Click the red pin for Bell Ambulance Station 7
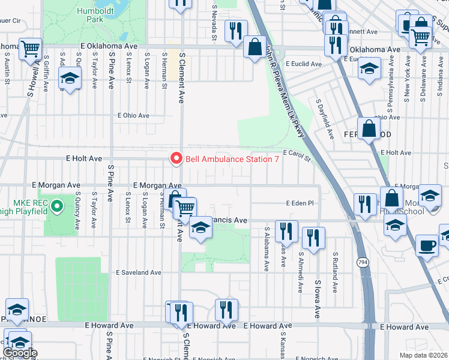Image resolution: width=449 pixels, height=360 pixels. tap(176, 158)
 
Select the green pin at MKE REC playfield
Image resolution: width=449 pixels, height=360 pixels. tap(57, 207)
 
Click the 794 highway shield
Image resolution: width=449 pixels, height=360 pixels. tap(363, 262)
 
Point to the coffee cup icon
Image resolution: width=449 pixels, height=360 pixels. tap(427, 245)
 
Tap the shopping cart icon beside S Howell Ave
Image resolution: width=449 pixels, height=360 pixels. tap(29, 49)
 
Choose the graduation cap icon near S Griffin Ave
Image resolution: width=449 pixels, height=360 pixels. tap(70, 78)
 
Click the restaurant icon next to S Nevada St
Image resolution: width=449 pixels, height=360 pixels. tap(235, 30)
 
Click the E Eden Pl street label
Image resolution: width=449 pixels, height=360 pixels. tap(300, 203)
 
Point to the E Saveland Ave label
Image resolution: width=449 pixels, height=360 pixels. tap(139, 272)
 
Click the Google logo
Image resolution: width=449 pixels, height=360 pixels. tap(20, 353)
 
